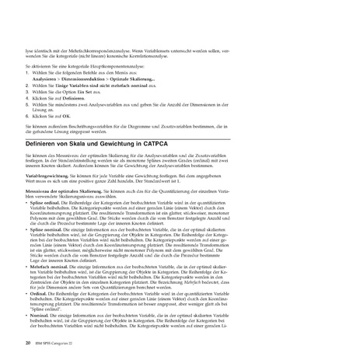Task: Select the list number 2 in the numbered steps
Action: [27, 85]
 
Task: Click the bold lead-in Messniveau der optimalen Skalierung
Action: [69, 190]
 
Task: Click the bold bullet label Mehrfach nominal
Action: [53, 264]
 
